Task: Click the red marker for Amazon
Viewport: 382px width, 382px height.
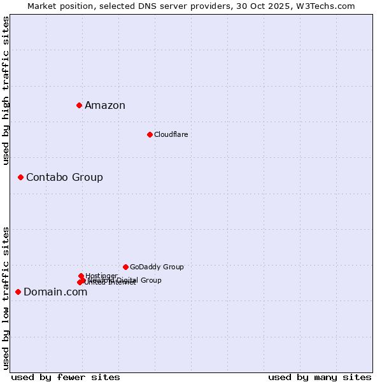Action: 79,105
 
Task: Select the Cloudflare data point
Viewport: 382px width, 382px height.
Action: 150,134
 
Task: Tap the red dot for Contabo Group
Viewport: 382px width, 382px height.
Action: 20,177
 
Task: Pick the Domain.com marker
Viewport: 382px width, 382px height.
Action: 18,292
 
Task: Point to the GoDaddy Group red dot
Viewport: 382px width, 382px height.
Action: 125,267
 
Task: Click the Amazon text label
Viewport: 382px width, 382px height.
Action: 105,106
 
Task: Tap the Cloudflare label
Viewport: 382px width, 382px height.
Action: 171,134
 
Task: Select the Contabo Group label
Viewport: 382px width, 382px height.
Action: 64,177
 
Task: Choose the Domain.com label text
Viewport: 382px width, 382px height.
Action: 55,292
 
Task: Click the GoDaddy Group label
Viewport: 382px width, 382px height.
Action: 157,267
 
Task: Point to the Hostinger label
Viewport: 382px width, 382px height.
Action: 101,276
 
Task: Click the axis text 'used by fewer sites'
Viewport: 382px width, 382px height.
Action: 66,377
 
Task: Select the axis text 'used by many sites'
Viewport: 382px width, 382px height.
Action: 320,377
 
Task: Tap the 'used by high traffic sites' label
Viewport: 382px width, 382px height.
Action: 6,90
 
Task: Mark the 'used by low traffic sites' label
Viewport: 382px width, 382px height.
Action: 6,297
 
